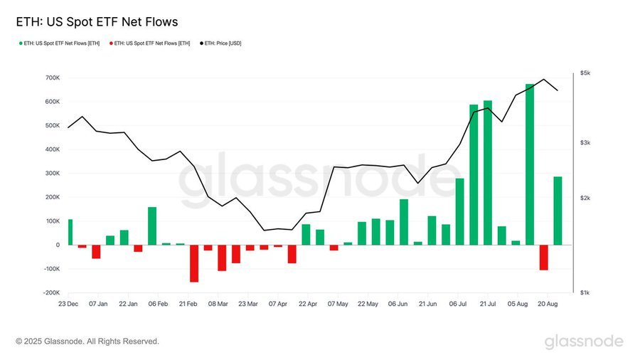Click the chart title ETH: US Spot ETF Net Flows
click(92, 22)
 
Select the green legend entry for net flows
click(60, 43)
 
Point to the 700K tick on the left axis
click(50, 78)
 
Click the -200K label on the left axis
click(50, 292)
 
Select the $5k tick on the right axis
click(585, 73)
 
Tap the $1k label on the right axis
click(585, 292)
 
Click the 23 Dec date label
click(68, 304)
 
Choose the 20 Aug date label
click(547, 304)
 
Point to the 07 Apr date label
click(278, 304)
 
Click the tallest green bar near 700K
click(530, 164)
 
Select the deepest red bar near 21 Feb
click(194, 263)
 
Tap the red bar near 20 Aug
click(544, 257)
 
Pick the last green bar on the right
click(558, 211)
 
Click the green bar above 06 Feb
click(152, 226)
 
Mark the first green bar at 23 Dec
click(70, 232)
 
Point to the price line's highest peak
click(544, 79)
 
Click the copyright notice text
click(87, 342)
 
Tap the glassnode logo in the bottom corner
click(584, 342)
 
